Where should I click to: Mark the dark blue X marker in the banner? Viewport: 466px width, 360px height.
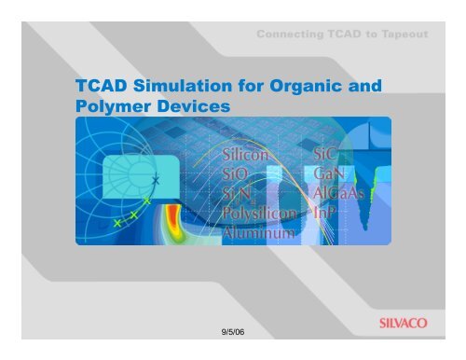click(x=157, y=179)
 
